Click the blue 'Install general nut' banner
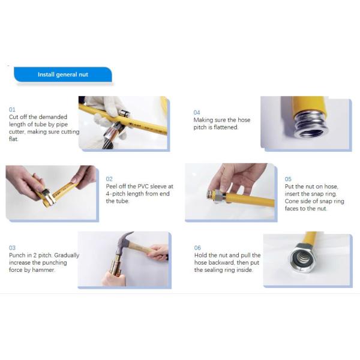(x=62, y=74)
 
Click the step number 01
(x=12, y=110)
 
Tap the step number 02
(x=109, y=179)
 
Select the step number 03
(x=12, y=248)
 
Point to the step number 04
(x=197, y=113)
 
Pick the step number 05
(x=288, y=179)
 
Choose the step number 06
(x=197, y=248)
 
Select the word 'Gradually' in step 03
(x=67, y=256)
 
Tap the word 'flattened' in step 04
(x=226, y=127)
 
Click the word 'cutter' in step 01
(x=17, y=132)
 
